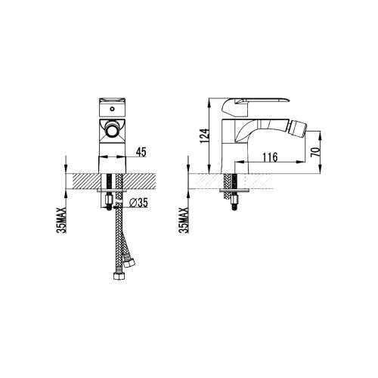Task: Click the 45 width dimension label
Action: pos(141,152)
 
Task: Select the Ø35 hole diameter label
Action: pos(138,203)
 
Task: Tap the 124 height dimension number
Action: pos(205,136)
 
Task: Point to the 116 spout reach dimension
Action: pos(270,157)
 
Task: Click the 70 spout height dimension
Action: pos(315,151)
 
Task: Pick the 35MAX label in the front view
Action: pos(61,220)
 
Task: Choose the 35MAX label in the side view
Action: pos(184,220)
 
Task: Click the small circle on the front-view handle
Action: pos(112,110)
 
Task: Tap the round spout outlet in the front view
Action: pos(112,130)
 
